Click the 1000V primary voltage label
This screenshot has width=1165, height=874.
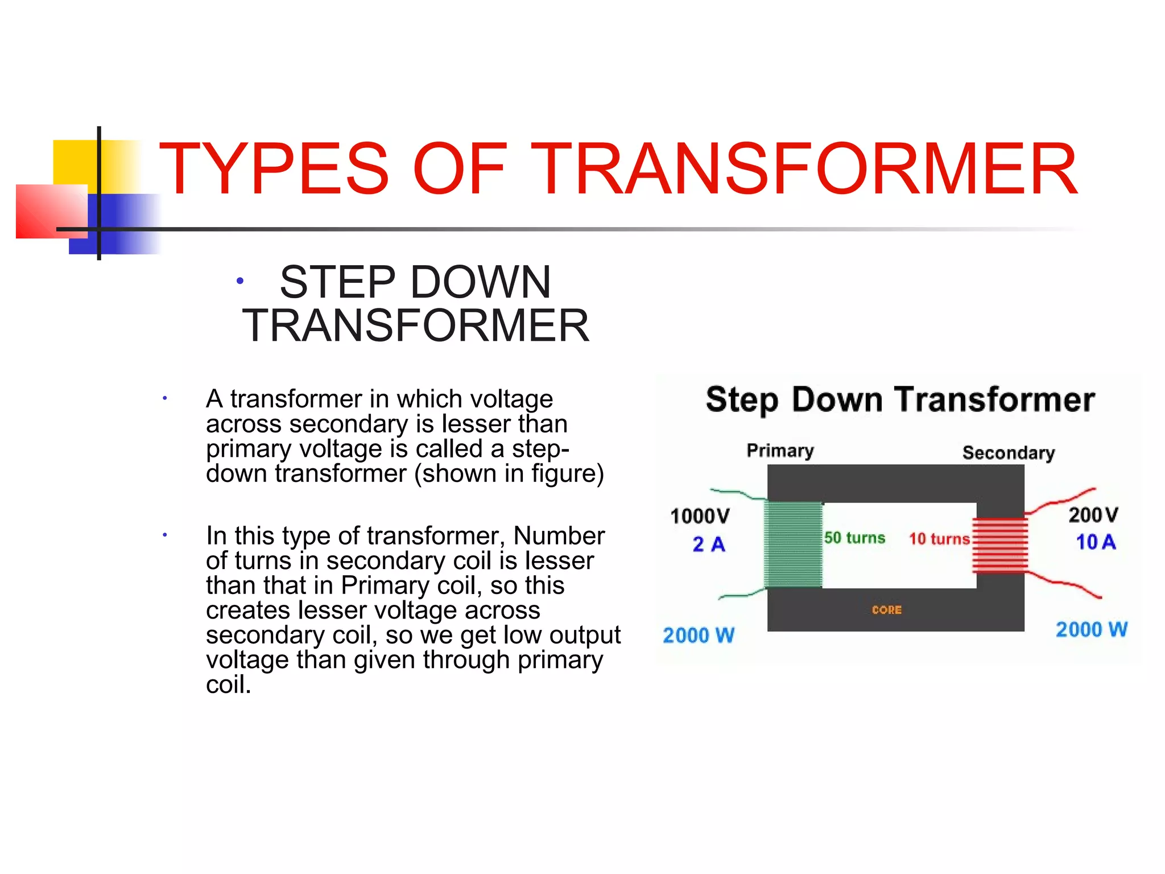coord(700,516)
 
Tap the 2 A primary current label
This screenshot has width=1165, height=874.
coord(709,545)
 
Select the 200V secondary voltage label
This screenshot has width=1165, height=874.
coord(1093,515)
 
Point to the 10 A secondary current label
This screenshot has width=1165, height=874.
coord(1096,542)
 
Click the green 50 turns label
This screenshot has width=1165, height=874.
coord(854,538)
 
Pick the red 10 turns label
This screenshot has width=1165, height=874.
coord(939,539)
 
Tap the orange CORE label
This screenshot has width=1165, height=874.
coord(887,610)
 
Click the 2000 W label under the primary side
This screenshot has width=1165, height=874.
coord(699,635)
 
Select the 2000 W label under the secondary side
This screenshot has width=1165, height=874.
coord(1092,629)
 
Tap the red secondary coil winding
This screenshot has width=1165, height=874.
coord(1000,545)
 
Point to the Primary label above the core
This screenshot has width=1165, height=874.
coord(780,451)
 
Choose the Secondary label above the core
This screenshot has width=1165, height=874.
coord(1009,453)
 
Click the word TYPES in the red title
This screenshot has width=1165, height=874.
coord(274,169)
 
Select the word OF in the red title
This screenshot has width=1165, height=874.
coord(460,169)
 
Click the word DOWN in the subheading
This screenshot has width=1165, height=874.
coord(481,282)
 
